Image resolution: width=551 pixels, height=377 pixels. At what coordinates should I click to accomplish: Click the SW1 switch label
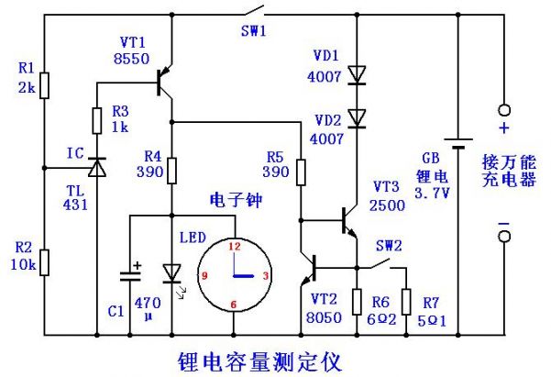click(x=252, y=30)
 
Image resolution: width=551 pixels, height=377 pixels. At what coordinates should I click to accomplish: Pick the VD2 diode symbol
click(x=356, y=117)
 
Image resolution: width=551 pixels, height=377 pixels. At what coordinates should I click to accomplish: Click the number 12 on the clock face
click(x=234, y=246)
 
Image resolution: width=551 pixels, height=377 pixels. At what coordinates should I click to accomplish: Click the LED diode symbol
click(x=171, y=272)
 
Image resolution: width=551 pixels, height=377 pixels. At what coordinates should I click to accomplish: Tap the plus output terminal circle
click(x=502, y=108)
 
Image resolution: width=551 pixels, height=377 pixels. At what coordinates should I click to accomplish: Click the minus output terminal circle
click(x=502, y=238)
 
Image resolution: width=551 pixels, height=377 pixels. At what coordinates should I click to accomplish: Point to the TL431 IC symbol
click(x=94, y=168)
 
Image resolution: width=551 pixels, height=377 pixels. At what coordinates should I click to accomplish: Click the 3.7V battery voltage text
click(x=432, y=194)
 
